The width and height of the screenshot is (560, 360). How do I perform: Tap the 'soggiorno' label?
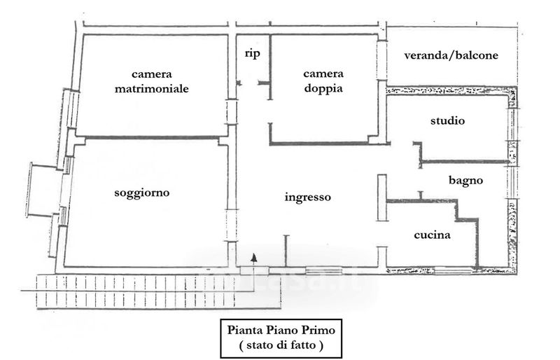coord(142,192)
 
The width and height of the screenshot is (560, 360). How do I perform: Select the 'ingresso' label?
coord(307,198)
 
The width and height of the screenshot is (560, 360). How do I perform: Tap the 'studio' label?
coord(447,121)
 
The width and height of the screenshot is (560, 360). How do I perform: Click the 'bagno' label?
coord(465,180)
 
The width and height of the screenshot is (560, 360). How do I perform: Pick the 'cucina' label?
coord(431,235)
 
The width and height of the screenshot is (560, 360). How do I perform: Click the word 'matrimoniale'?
coord(153,89)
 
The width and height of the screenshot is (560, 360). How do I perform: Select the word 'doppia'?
coord(323,89)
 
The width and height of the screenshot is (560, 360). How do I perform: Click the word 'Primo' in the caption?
coord(320,329)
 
